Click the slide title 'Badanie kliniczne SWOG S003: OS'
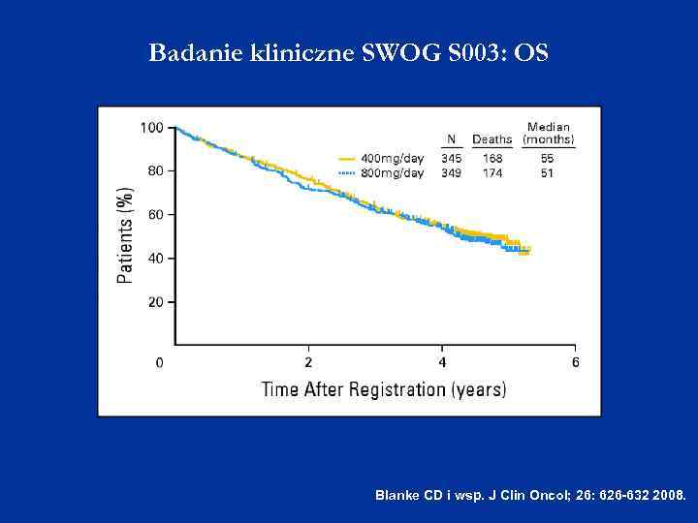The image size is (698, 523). click(348, 52)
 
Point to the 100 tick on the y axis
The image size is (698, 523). click(151, 127)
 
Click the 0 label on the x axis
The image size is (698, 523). click(160, 362)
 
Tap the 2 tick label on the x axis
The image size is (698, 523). click(308, 362)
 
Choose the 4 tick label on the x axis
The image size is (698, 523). click(442, 362)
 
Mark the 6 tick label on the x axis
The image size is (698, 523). click(575, 362)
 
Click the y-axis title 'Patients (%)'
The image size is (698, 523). click(126, 235)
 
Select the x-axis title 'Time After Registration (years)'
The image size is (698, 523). click(383, 389)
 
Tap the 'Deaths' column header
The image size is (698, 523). click(492, 139)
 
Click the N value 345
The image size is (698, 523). click(451, 158)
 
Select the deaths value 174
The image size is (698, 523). click(492, 172)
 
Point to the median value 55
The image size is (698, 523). click(548, 158)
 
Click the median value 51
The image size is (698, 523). click(548, 172)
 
